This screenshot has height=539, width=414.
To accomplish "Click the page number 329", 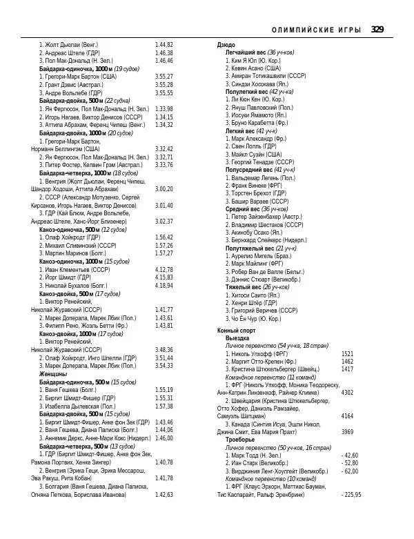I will point(377,29).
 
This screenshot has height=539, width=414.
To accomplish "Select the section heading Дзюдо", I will point(226,45).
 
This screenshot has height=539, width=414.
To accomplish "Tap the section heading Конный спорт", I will point(237,331).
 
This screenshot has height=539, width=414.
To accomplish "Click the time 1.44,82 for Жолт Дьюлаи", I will point(164,45).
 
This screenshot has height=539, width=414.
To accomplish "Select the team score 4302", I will point(347,392).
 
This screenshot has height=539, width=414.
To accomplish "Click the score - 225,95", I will point(351,513).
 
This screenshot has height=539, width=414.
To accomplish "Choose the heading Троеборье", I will point(241,439).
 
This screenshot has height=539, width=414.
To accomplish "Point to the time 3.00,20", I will point(164,188).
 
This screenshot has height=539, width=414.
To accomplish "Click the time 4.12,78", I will point(164,270).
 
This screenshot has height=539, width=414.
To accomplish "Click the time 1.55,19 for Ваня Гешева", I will point(164,390).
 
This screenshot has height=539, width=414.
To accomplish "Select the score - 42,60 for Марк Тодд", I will point(350,455).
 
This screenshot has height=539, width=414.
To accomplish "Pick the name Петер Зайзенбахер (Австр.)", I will point(268,216).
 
